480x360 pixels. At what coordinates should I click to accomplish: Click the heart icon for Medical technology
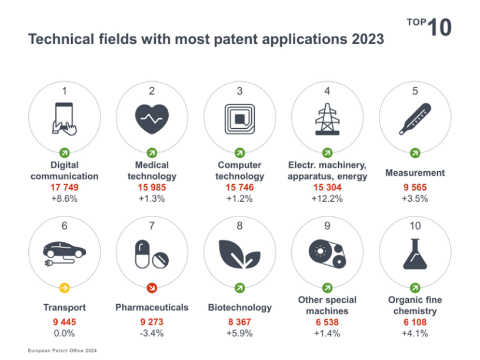[x=152, y=119]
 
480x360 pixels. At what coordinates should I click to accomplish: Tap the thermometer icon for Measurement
[x=415, y=119]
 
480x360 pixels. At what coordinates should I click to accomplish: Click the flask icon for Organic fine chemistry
[x=415, y=254]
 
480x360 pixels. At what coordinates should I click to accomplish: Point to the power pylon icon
[x=327, y=119]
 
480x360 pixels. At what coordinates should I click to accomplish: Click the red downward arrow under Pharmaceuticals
[x=152, y=288]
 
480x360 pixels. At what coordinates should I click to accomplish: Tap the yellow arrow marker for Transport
[x=64, y=288]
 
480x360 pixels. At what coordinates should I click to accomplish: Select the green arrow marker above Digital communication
[x=64, y=152]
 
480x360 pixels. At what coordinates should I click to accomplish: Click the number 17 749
[x=64, y=187]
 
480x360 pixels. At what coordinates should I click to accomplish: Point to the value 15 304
[x=327, y=187]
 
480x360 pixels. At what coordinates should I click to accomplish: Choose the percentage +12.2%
[x=327, y=199]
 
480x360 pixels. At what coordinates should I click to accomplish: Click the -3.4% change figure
[x=152, y=333]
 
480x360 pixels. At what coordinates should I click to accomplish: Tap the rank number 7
[x=152, y=226]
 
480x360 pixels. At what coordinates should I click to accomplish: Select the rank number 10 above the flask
[x=415, y=226]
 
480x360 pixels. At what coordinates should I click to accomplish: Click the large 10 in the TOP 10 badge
[x=439, y=27]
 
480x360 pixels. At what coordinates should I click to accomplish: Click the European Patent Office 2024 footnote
[x=62, y=351]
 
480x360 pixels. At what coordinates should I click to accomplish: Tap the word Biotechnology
[x=239, y=308]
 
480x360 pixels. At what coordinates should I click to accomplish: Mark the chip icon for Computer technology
[x=239, y=119]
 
